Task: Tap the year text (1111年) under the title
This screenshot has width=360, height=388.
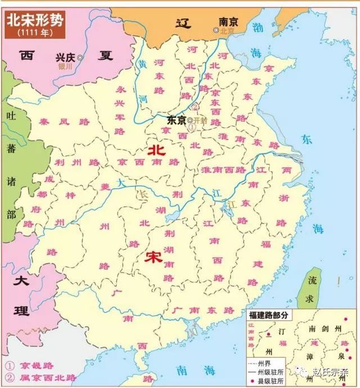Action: (x=35, y=33)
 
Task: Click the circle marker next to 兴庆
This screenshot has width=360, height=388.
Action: (x=80, y=57)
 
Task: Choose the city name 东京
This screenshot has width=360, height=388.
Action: (x=177, y=120)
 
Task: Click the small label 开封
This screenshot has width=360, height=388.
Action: (x=201, y=121)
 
